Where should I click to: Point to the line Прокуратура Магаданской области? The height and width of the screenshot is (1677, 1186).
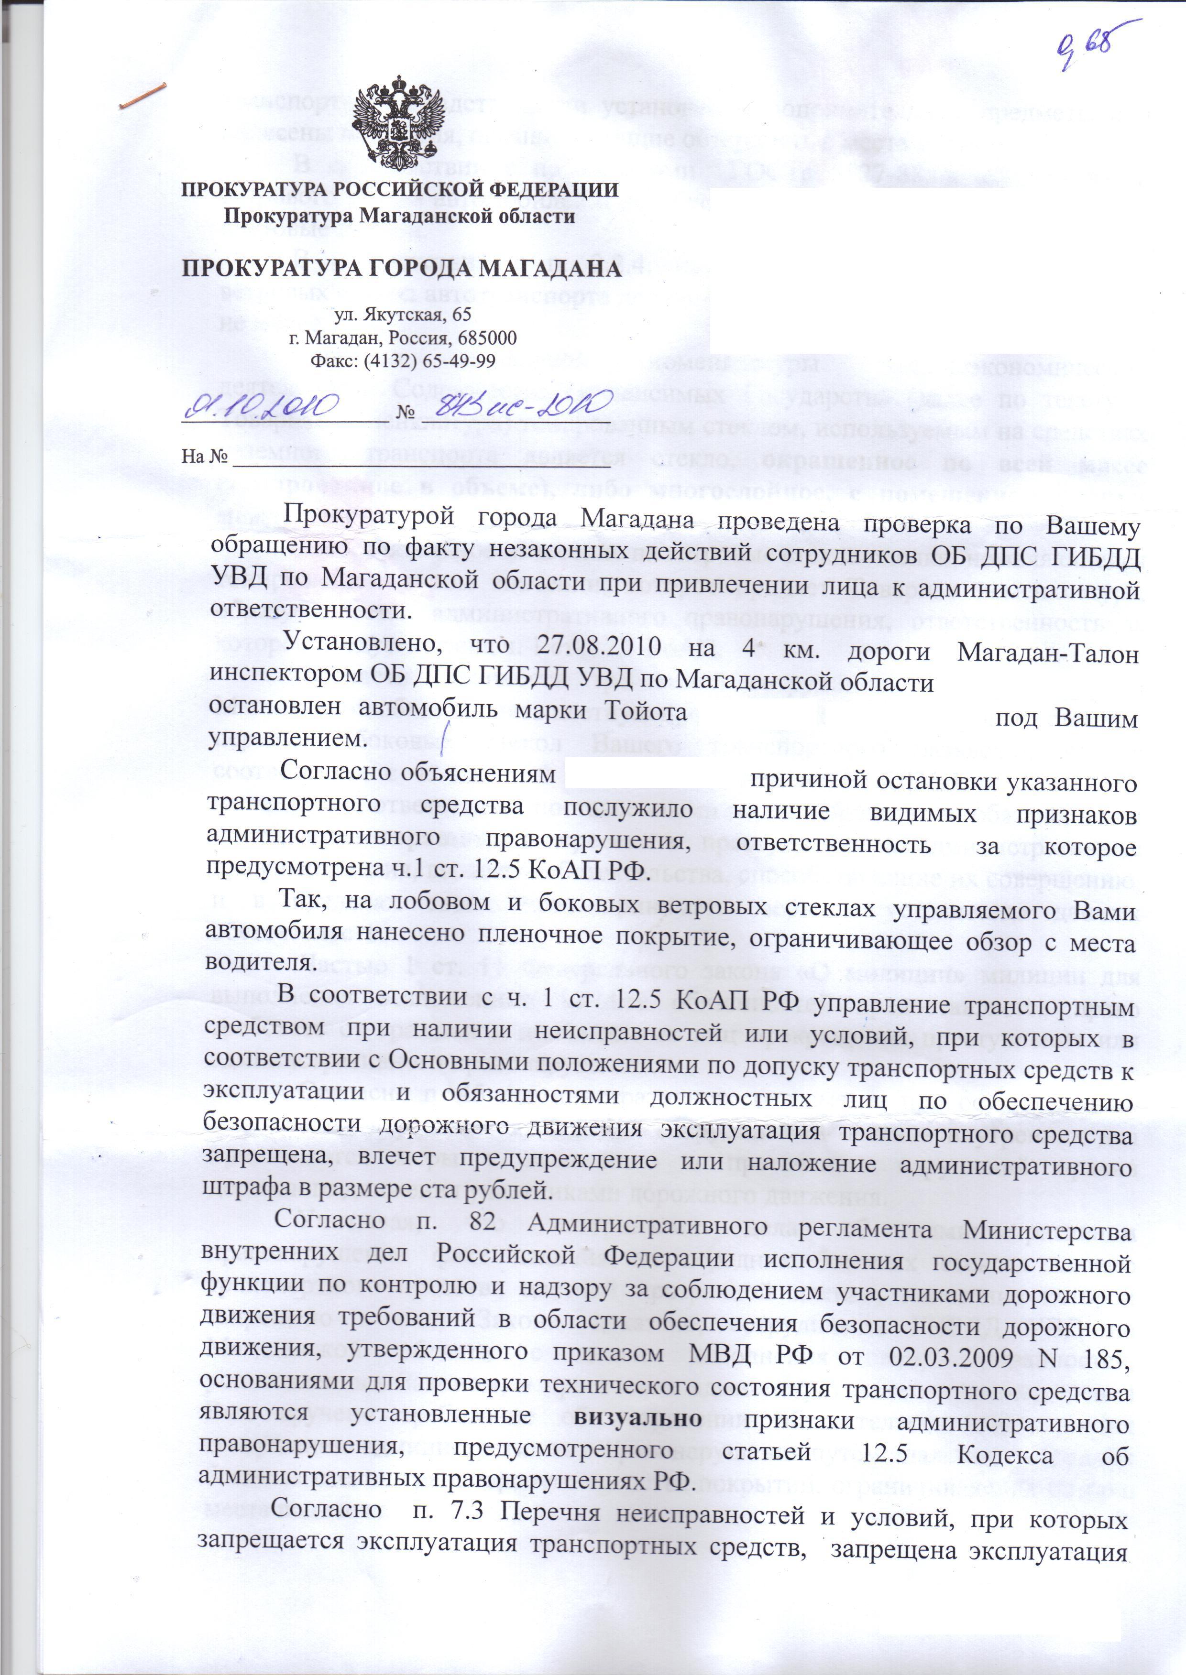[398, 216]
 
